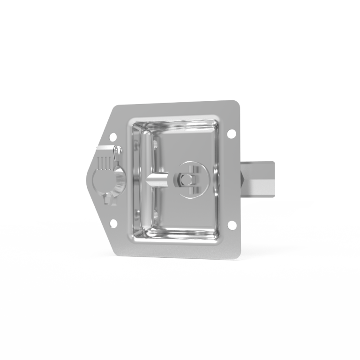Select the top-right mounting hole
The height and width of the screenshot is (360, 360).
[232, 135]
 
